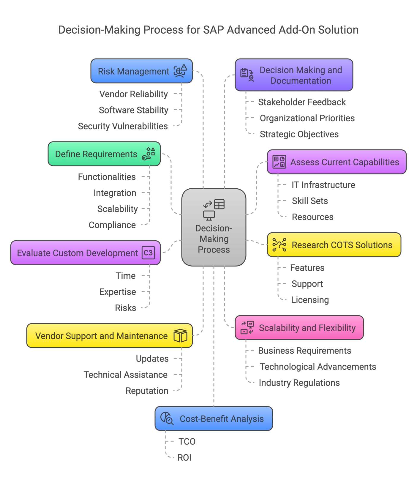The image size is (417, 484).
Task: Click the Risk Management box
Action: click(141, 71)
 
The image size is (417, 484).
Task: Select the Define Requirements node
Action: click(104, 154)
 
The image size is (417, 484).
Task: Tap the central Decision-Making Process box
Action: click(214, 227)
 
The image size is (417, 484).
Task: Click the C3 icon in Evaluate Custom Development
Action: click(148, 253)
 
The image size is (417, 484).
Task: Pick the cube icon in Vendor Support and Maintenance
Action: click(180, 336)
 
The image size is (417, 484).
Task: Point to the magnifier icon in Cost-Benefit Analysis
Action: click(167, 418)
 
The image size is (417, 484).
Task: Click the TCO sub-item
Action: click(187, 442)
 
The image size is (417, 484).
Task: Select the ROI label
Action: click(184, 458)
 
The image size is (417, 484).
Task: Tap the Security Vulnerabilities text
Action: click(123, 126)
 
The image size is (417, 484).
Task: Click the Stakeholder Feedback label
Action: click(302, 102)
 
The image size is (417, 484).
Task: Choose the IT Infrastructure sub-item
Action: click(323, 185)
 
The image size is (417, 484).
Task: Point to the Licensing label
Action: click(310, 300)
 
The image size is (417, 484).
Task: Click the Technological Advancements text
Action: click(318, 367)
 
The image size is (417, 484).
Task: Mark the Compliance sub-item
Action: click(112, 225)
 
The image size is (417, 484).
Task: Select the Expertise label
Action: click(118, 292)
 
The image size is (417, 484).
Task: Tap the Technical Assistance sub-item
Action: click(125, 375)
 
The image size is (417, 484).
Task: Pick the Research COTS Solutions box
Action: click(334, 245)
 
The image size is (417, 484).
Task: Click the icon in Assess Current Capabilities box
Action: click(279, 162)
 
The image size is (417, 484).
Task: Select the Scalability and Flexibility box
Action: click(299, 328)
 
